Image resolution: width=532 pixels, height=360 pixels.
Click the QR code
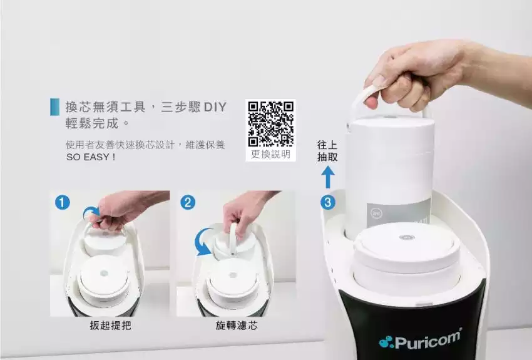point(271,124)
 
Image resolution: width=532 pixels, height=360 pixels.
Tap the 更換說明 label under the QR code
point(271,155)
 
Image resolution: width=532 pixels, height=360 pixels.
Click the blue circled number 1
point(63,203)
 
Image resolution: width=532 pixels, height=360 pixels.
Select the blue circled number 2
point(188,203)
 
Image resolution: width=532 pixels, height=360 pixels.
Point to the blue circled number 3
point(328,203)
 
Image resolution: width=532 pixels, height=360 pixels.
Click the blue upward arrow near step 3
point(328,177)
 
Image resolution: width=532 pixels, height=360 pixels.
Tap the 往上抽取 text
point(327,151)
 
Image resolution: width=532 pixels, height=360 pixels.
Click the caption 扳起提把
point(110,326)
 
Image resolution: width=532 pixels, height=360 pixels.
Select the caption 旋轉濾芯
point(237,326)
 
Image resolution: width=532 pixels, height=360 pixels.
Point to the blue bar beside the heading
point(54,107)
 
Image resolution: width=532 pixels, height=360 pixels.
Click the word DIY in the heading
point(215,107)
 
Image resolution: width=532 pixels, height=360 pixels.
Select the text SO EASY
point(88,157)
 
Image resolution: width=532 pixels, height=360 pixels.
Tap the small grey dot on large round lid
point(407,237)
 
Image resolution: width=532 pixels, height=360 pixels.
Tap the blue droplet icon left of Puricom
point(386,342)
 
